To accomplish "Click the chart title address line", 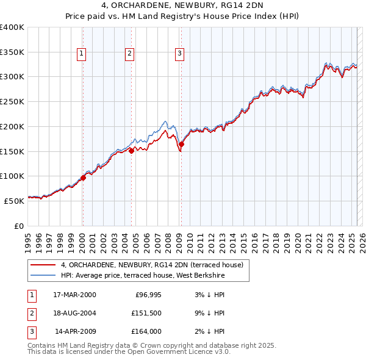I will tap(183, 7).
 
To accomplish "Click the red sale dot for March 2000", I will tap(83, 178).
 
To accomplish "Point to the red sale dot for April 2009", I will tap(181, 144).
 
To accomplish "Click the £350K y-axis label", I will tap(12, 52).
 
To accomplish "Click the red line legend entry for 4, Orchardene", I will tap(152, 265).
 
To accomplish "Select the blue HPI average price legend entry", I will tap(143, 276).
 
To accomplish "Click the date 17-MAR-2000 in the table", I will tap(74, 295).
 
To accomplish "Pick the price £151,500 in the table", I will tap(146, 313).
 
